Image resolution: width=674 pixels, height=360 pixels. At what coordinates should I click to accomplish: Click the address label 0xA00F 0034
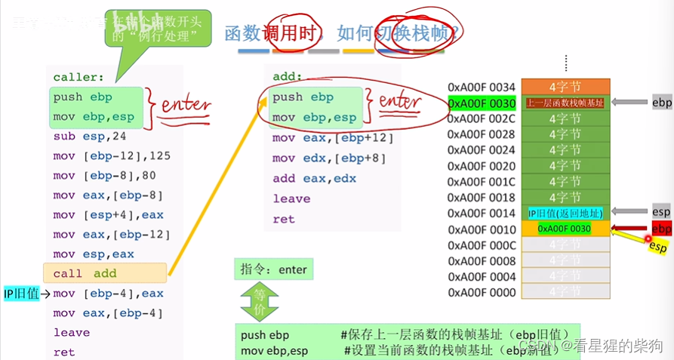pyautogui.click(x=482, y=88)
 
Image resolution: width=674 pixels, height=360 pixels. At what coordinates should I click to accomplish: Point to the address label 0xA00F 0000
pyautogui.click(x=482, y=292)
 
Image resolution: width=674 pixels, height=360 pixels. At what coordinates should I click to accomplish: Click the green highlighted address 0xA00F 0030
pyautogui.click(x=482, y=103)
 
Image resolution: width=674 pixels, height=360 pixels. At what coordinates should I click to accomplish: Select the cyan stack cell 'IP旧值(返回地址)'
pyautogui.click(x=565, y=214)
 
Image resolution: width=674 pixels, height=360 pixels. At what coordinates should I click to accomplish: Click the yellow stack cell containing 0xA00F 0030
pyautogui.click(x=565, y=229)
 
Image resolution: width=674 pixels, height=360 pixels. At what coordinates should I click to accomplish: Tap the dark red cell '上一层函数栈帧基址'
pyautogui.click(x=565, y=103)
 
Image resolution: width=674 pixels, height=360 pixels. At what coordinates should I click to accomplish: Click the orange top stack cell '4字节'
pyautogui.click(x=565, y=87)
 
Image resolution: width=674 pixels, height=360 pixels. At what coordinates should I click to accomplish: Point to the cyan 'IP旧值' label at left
pyautogui.click(x=22, y=294)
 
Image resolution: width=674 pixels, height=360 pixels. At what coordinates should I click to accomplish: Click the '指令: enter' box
pyautogui.click(x=274, y=269)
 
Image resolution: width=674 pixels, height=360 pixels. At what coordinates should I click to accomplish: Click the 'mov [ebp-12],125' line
pyautogui.click(x=102, y=156)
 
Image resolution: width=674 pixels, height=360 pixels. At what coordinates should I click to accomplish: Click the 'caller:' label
pyautogui.click(x=78, y=77)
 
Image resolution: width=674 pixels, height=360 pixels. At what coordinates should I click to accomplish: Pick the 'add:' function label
pyautogui.click(x=288, y=77)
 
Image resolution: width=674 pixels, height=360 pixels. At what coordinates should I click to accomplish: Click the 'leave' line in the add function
pyautogui.click(x=291, y=199)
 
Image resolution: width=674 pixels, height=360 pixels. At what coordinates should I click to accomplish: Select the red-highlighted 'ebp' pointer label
pyautogui.click(x=661, y=229)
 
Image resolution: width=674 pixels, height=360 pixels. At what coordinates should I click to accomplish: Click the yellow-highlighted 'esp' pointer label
pyautogui.click(x=657, y=245)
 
